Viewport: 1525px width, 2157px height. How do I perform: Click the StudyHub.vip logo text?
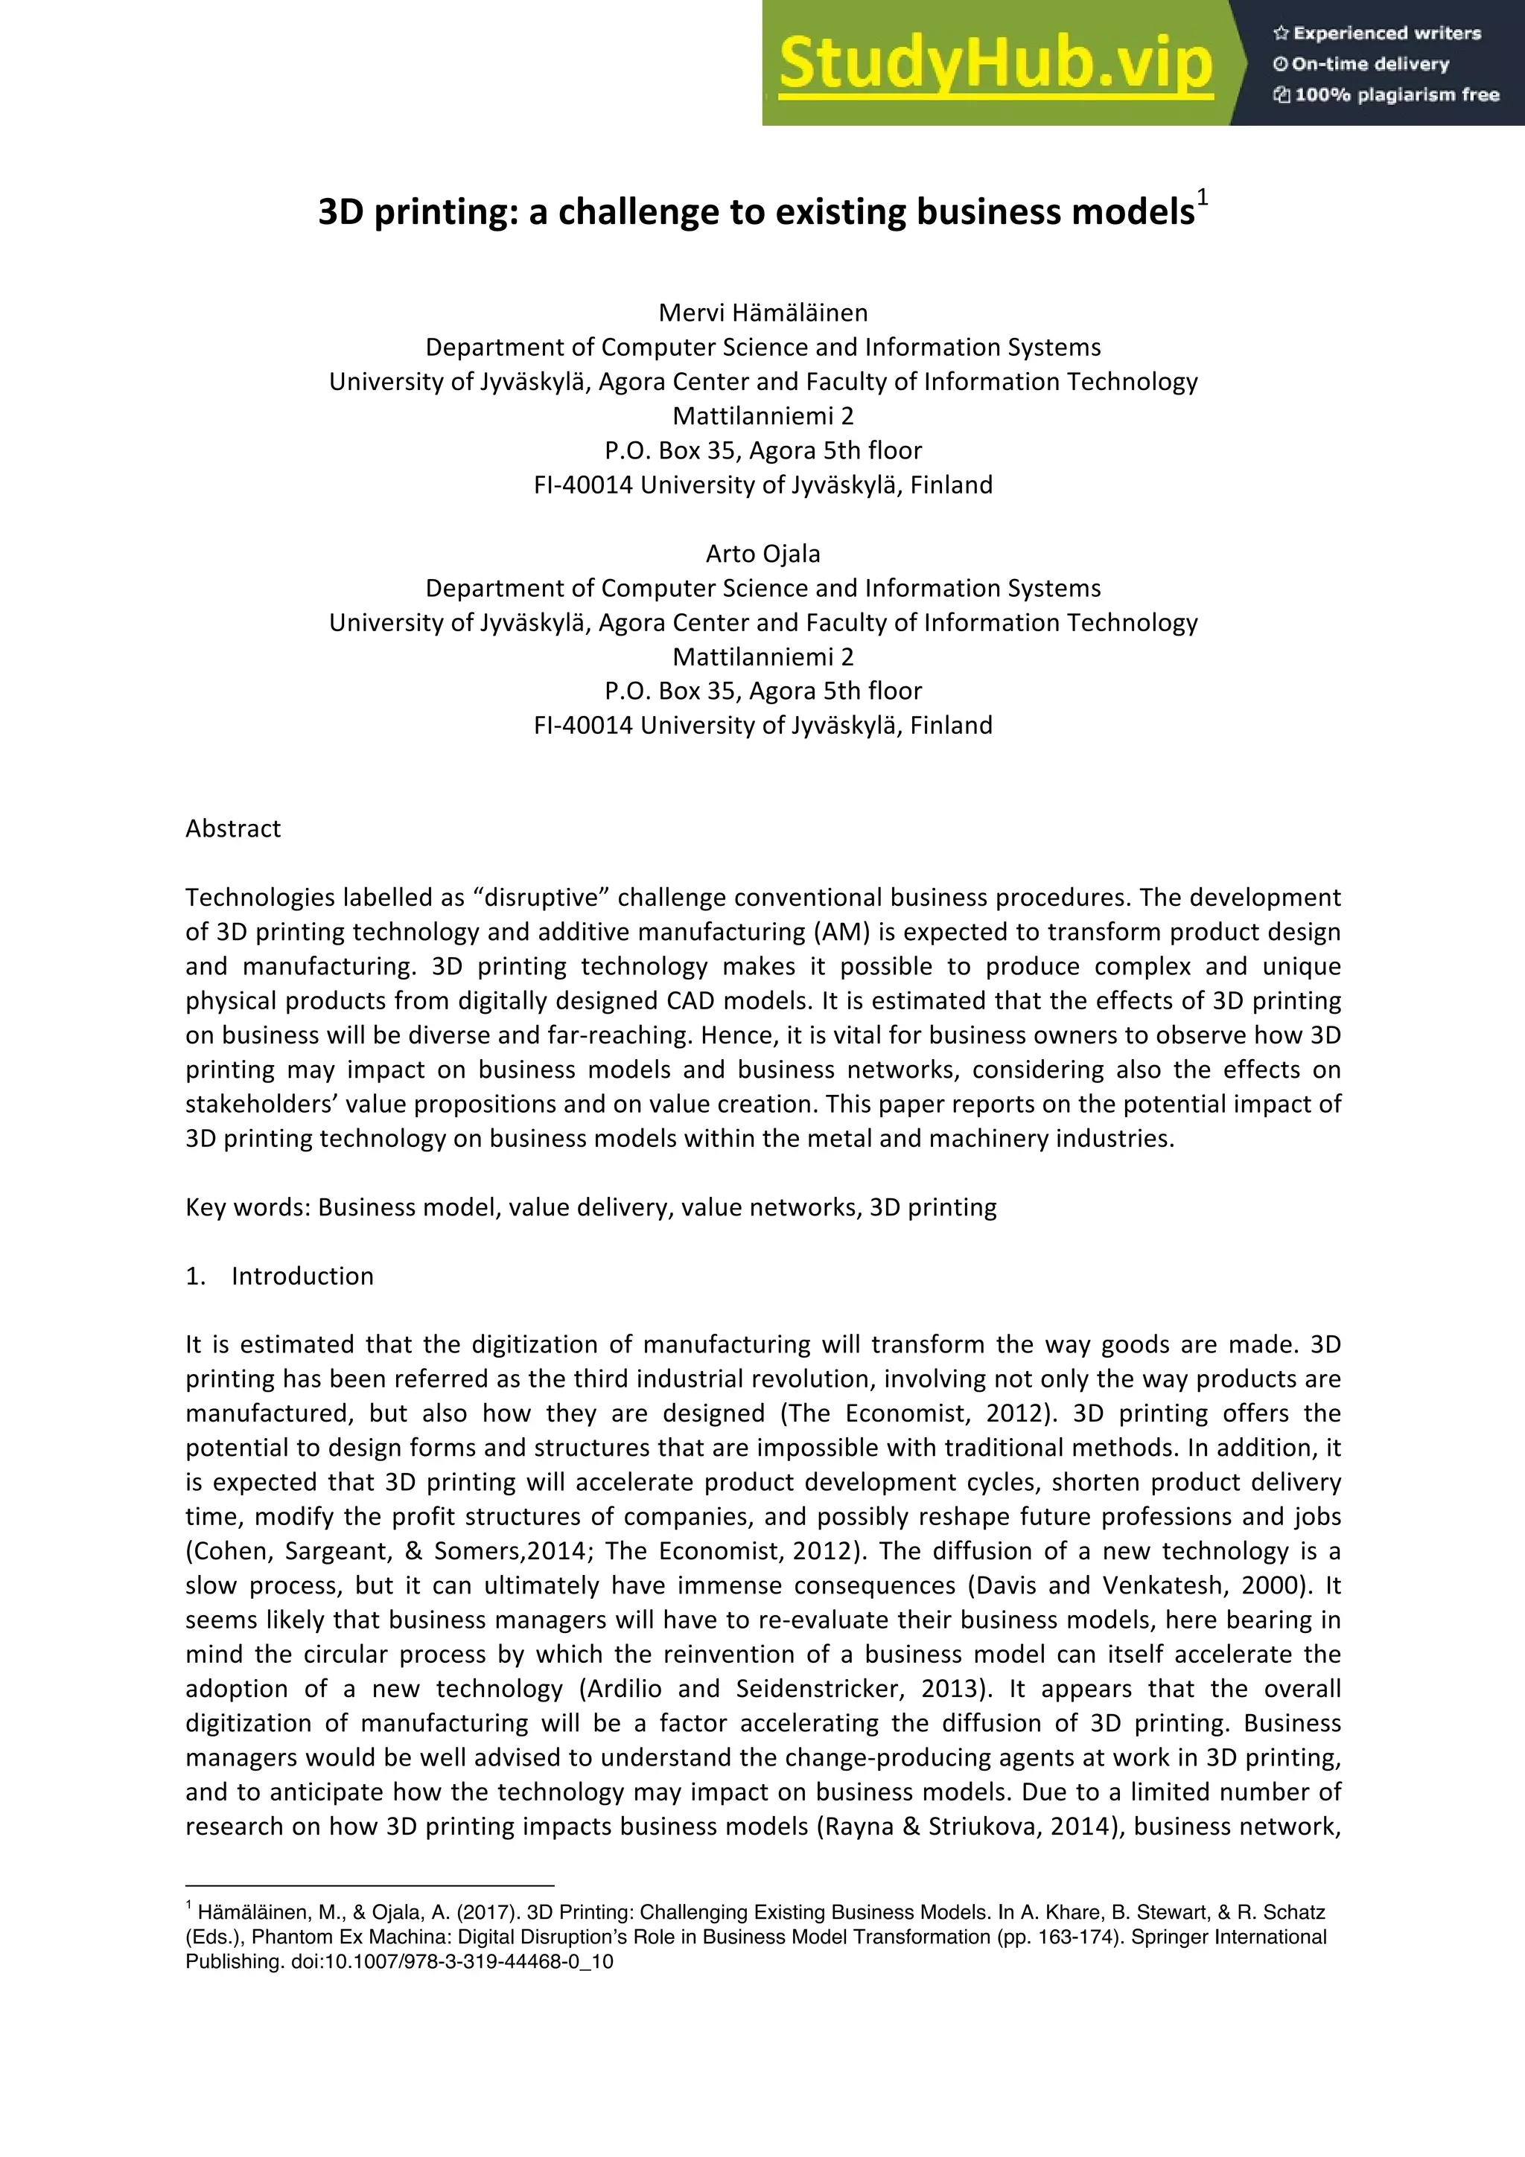point(996,64)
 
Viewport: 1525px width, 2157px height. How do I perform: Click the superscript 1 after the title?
point(1203,199)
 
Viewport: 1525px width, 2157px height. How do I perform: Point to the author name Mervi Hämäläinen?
point(763,313)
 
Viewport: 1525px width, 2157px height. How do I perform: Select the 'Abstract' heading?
point(233,828)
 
